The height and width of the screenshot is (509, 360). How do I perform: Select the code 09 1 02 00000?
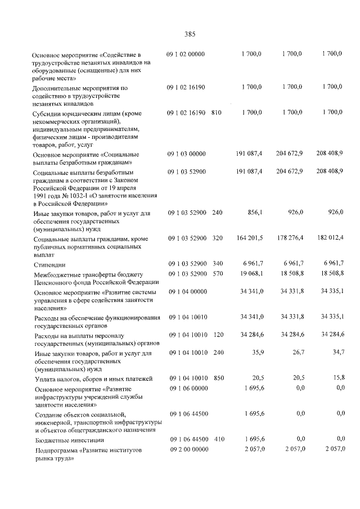[186, 54]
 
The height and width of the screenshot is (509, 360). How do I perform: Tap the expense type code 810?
[217, 112]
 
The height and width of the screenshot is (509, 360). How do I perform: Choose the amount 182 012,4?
[329, 238]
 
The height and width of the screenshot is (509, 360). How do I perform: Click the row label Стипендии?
[49, 264]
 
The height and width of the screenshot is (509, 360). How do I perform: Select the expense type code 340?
[217, 264]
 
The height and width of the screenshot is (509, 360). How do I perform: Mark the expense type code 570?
[217, 273]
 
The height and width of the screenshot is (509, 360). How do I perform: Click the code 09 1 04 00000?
[187, 291]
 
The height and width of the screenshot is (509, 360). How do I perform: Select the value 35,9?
[256, 353]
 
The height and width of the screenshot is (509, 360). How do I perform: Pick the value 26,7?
[296, 353]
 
